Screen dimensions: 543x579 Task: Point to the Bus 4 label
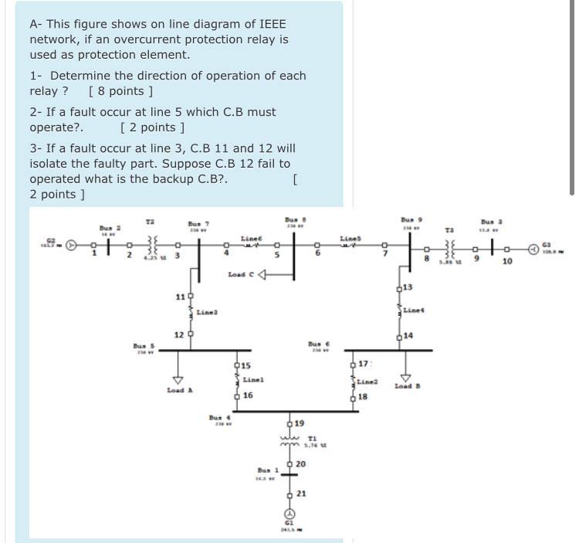pyautogui.click(x=218, y=418)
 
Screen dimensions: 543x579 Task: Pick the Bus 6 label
pyautogui.click(x=318, y=344)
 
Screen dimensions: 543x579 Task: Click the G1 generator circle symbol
pyautogui.click(x=289, y=514)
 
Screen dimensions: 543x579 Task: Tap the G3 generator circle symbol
pyautogui.click(x=533, y=249)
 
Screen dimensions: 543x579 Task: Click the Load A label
pyautogui.click(x=179, y=391)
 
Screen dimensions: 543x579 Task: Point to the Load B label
pyautogui.click(x=407, y=385)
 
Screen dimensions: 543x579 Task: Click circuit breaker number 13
pyautogui.click(x=399, y=288)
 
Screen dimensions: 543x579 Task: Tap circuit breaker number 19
pyautogui.click(x=289, y=423)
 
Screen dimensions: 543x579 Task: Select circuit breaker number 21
pyautogui.click(x=289, y=494)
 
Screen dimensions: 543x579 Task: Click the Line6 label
pyautogui.click(x=251, y=239)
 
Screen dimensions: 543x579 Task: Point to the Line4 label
pyautogui.click(x=414, y=310)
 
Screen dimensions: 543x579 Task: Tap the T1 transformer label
pyautogui.click(x=312, y=437)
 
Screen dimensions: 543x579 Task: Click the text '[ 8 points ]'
pyautogui.click(x=115, y=91)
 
